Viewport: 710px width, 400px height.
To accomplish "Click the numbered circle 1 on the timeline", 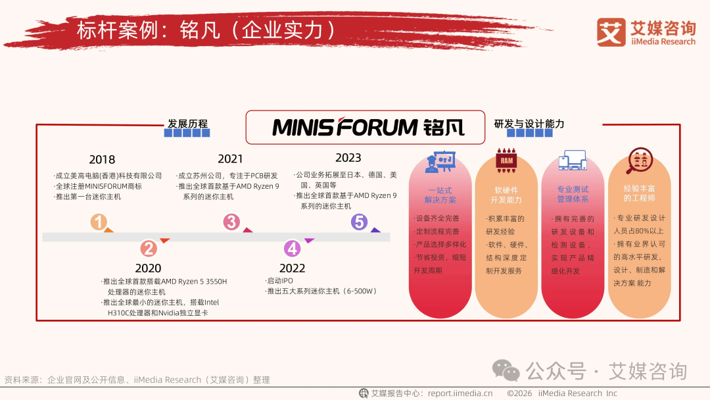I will [x=99, y=222].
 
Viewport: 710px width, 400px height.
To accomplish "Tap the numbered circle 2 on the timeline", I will [x=149, y=248].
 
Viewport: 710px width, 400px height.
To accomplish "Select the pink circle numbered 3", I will [x=231, y=222].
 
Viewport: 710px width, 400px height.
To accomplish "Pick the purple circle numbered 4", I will [x=292, y=248].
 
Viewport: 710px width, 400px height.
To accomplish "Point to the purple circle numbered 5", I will [x=359, y=222].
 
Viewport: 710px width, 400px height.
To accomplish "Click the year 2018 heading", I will [x=102, y=160].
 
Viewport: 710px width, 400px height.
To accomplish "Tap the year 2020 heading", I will [x=148, y=268].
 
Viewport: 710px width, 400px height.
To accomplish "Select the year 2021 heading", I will [x=231, y=159].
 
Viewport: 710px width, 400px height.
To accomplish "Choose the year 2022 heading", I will [x=292, y=268].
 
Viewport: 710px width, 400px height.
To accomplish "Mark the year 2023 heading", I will [x=348, y=158].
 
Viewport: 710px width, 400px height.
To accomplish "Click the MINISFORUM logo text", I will [x=345, y=127].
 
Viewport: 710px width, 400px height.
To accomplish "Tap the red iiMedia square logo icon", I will [x=611, y=32].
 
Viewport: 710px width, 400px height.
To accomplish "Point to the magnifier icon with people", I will [x=638, y=161].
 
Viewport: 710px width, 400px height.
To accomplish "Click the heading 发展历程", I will [x=187, y=124].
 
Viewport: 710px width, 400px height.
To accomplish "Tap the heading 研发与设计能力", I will [x=529, y=124].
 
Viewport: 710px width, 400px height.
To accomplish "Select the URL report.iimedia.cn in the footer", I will [x=460, y=393].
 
